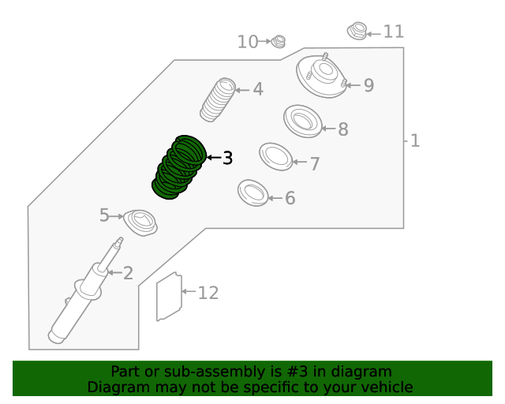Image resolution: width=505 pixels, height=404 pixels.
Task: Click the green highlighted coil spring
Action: [x=178, y=166]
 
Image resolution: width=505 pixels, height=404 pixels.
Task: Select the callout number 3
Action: [x=227, y=159]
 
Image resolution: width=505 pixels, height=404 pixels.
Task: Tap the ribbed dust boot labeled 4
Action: [x=218, y=99]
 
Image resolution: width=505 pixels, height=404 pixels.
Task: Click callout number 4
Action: [x=257, y=90]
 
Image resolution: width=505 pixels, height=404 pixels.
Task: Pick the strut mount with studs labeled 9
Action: [x=321, y=77]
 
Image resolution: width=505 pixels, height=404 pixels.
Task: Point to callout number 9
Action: [x=368, y=85]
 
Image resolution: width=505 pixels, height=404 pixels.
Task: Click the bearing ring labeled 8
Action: [x=302, y=120]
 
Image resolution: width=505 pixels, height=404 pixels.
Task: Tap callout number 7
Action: [x=314, y=164]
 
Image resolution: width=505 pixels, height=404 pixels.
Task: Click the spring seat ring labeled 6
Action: [x=253, y=193]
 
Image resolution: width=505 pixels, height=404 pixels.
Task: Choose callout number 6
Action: [x=290, y=198]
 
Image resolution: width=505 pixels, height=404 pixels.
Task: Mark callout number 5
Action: [x=105, y=215]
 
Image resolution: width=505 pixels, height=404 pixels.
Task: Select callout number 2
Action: [x=128, y=274]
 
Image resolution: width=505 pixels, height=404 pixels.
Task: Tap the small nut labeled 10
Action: [x=279, y=41]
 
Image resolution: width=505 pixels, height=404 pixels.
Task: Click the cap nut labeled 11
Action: [x=357, y=32]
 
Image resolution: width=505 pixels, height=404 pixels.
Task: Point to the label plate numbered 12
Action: [x=167, y=297]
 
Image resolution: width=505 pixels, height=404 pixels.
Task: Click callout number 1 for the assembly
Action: [x=415, y=141]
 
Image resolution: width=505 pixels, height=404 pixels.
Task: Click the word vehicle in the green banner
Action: [x=384, y=387]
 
